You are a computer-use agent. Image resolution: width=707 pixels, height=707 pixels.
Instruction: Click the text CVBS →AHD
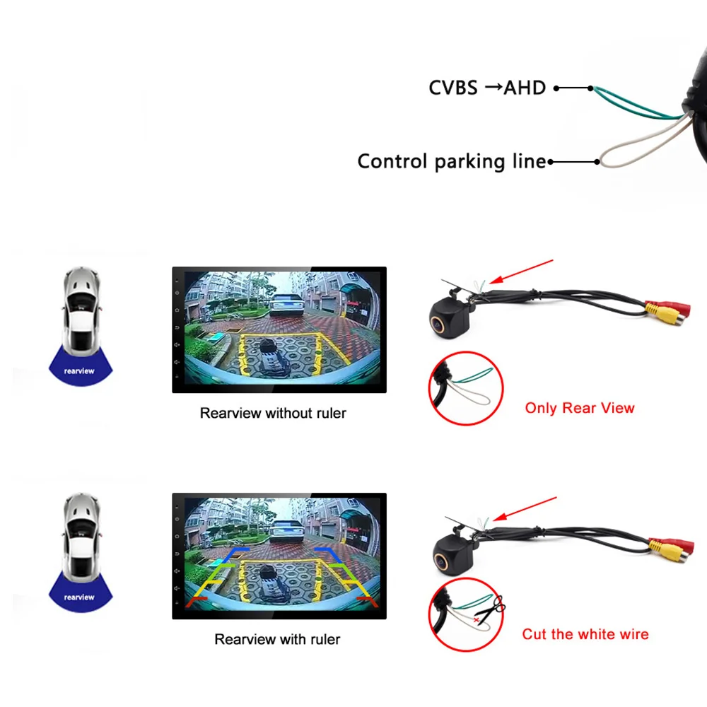coord(487,88)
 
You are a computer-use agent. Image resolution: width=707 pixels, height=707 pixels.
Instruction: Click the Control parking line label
coord(452,161)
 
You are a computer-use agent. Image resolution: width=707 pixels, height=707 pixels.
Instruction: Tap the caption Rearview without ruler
coord(273,413)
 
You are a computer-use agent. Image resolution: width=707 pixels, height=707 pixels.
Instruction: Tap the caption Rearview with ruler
coord(277,639)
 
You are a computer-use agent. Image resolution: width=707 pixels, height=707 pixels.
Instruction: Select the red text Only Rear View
coord(580,408)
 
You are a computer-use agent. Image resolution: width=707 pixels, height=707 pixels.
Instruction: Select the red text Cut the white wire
coord(585,634)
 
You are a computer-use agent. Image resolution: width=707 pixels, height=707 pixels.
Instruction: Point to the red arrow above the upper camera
coord(521,271)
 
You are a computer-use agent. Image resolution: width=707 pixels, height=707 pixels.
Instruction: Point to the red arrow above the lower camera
coord(525,508)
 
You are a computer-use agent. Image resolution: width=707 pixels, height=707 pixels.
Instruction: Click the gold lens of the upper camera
coord(437,323)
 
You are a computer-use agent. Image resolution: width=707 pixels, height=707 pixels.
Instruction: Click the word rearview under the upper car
coord(79,371)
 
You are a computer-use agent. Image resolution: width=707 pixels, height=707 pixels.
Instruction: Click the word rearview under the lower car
coord(79,597)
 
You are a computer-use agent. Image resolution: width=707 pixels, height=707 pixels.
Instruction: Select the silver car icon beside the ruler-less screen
coord(81,310)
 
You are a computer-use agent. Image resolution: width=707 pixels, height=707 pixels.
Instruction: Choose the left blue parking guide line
coord(235,554)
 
